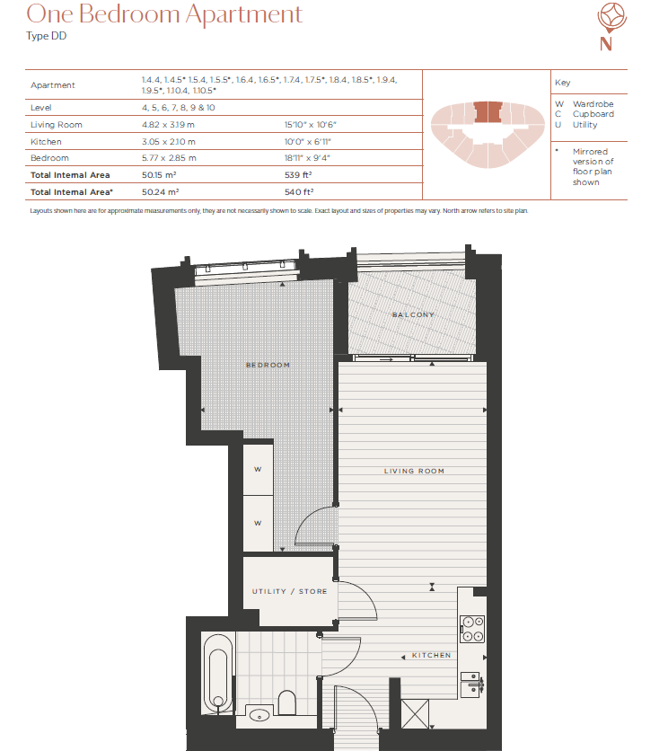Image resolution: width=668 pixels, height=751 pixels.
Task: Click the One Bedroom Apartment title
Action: click(164, 15)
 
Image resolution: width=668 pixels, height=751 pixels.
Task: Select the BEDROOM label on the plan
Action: click(268, 365)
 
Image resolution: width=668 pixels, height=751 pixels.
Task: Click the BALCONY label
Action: click(413, 315)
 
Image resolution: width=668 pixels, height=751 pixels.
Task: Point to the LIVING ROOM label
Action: click(414, 471)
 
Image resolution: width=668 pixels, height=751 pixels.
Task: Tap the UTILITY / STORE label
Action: click(289, 591)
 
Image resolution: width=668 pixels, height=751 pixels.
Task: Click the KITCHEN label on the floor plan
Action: click(431, 655)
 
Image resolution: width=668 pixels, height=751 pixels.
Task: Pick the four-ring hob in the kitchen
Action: click(472, 628)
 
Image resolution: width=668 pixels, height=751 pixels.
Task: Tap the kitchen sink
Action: click(471, 685)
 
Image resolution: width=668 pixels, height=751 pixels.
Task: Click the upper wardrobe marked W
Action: click(258, 468)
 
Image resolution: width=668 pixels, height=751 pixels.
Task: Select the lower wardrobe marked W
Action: click(258, 522)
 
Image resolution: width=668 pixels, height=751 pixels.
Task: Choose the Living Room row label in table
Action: click(57, 125)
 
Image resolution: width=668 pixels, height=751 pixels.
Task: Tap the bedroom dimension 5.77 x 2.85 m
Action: click(168, 158)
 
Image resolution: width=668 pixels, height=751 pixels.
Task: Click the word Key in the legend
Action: click(562, 83)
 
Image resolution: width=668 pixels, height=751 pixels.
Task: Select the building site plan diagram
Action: click(485, 133)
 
